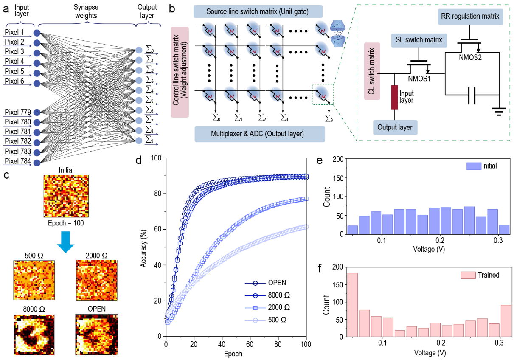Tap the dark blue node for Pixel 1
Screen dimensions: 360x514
(x=37, y=33)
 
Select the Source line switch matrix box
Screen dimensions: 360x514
(x=258, y=11)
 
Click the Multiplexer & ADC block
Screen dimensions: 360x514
(x=260, y=135)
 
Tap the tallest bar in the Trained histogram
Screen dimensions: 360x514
(x=353, y=304)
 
